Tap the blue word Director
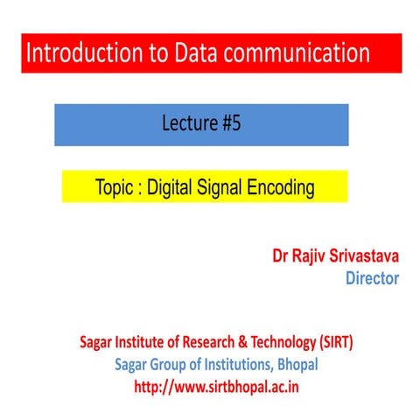pyautogui.click(x=372, y=278)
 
